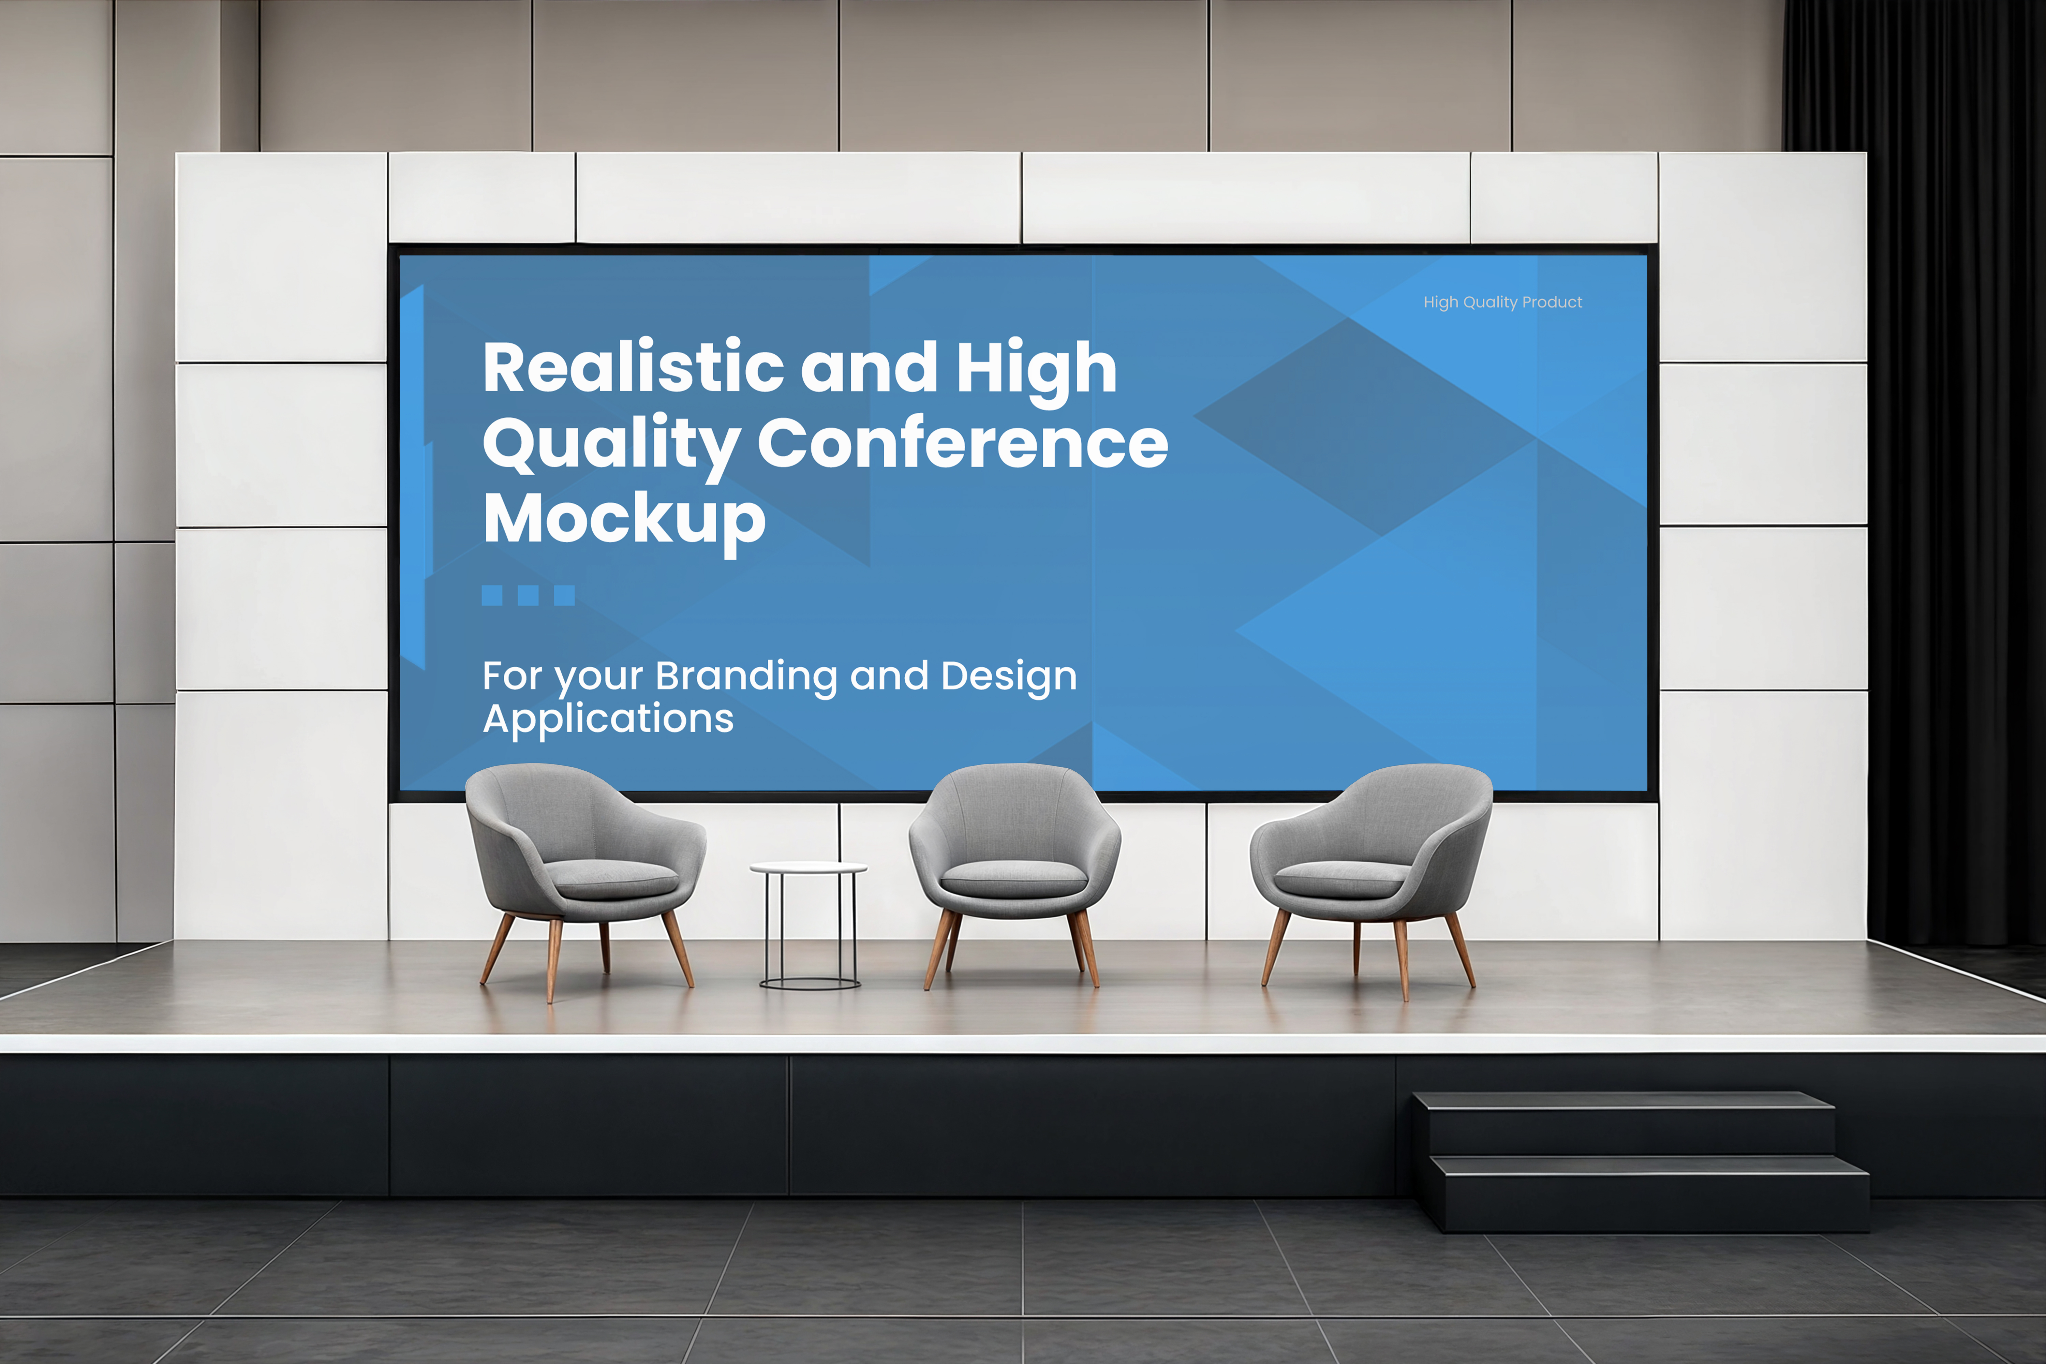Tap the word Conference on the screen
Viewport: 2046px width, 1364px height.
pos(962,444)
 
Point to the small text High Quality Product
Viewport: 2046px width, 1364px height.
pos(1502,302)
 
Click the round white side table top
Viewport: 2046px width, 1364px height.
pos(808,867)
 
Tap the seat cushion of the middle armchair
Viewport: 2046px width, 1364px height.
pos(1013,879)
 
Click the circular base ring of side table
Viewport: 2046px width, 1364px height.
pos(810,984)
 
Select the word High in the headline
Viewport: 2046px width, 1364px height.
pos(1036,368)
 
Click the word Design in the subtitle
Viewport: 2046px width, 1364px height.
pos(1008,676)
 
